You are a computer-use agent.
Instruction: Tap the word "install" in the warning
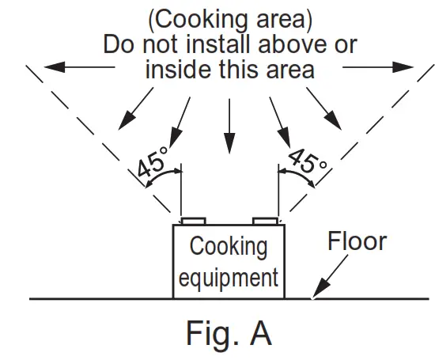(229, 43)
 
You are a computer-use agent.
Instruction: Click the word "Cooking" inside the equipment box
(229, 246)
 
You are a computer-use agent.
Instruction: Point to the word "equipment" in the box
(229, 278)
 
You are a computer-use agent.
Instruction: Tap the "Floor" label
(357, 241)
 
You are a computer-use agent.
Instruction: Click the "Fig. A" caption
(229, 333)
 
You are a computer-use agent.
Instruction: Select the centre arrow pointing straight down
(229, 127)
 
